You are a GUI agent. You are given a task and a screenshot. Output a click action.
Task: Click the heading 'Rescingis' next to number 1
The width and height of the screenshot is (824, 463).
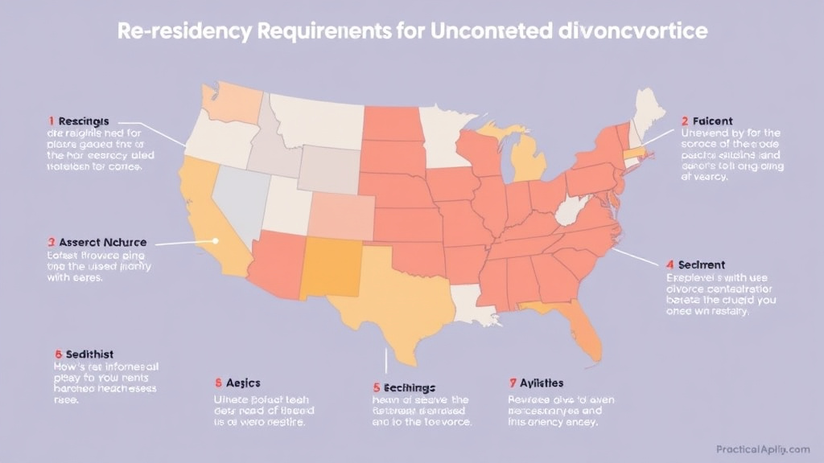(84, 121)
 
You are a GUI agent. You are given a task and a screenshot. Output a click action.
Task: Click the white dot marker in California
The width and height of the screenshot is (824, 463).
(216, 240)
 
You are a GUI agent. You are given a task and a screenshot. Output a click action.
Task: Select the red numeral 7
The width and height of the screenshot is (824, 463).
(513, 383)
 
